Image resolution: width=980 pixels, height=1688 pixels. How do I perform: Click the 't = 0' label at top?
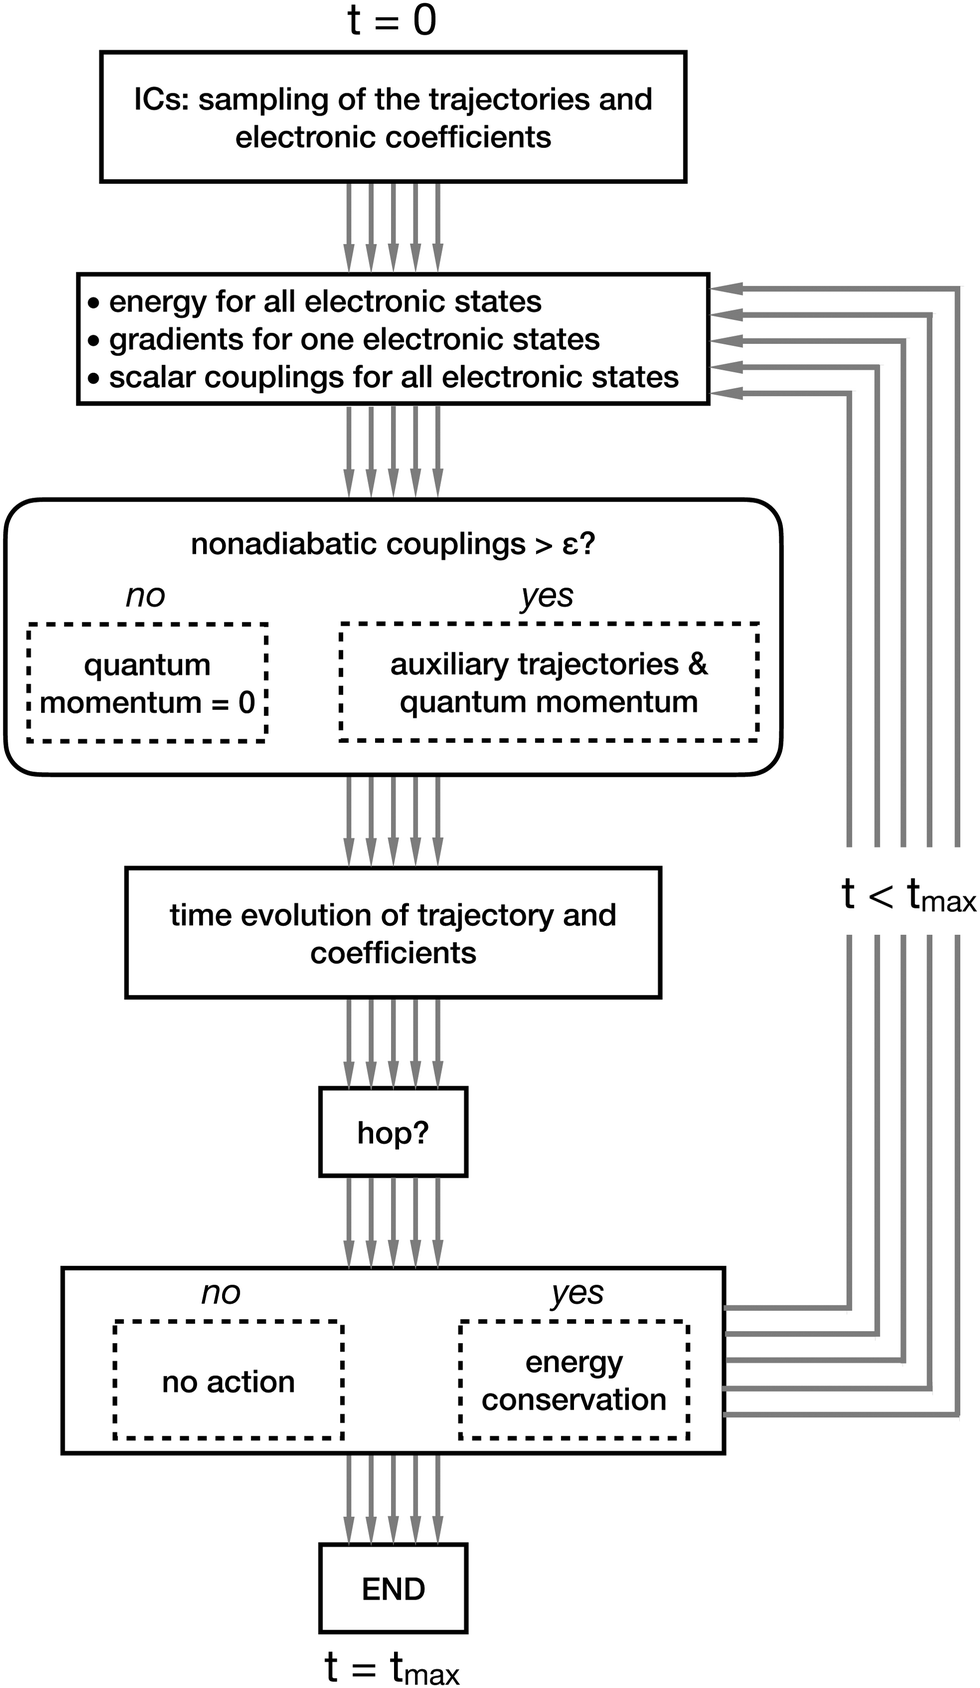pos(392,20)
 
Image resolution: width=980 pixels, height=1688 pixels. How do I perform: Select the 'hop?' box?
pos(393,1132)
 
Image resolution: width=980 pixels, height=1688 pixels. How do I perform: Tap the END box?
pos(393,1588)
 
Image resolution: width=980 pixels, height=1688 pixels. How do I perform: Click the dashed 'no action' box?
pos(229,1381)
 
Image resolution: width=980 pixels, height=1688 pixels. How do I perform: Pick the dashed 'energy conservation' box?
pos(574,1381)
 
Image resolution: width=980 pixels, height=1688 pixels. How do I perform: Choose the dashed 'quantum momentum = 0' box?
pos(147,683)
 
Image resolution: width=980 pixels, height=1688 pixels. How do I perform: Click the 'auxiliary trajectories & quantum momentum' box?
pos(549,683)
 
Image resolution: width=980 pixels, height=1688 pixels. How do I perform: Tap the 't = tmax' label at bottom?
pos(392,1667)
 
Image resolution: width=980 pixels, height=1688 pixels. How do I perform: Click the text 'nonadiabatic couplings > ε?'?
pos(393,544)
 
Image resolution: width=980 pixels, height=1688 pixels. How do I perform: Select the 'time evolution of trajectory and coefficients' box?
pos(393,933)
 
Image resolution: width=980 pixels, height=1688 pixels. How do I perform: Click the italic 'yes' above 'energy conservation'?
pos(577,1292)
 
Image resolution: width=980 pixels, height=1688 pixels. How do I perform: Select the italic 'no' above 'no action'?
pos(221,1292)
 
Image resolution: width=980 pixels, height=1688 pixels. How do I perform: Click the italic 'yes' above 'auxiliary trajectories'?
pos(547,595)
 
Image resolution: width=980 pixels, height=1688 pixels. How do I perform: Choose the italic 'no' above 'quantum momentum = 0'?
pos(145,595)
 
